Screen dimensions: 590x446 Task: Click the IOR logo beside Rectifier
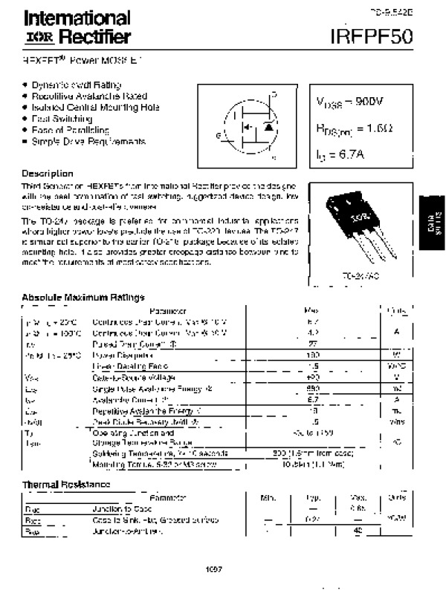click(35, 36)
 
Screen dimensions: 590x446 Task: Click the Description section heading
click(48, 174)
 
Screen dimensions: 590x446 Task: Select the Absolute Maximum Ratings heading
click(83, 298)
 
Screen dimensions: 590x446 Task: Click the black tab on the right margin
click(432, 222)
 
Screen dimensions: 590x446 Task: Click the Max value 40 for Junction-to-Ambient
click(357, 531)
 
